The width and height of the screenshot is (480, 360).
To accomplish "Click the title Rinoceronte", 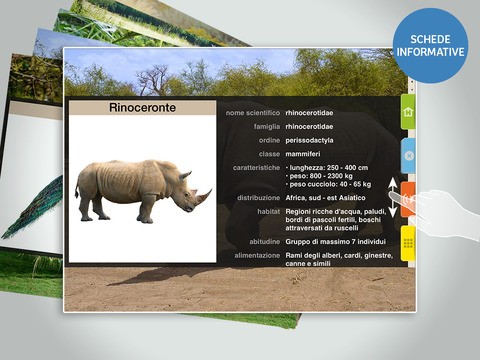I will (140, 107).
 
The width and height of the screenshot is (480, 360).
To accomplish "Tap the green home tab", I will (408, 113).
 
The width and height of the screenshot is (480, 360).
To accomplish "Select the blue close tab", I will (408, 156).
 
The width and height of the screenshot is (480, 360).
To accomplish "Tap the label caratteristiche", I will (256, 169).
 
